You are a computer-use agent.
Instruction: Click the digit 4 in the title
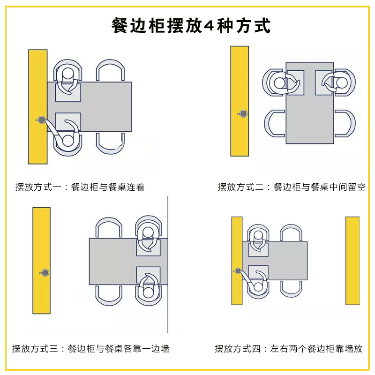click(x=209, y=25)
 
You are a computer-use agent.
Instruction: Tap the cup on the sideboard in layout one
click(x=41, y=120)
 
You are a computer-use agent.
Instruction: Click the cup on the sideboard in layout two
click(x=243, y=113)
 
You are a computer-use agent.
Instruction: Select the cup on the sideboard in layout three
click(x=45, y=273)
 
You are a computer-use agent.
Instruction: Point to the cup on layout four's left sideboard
click(x=238, y=271)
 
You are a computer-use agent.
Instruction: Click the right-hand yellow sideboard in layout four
click(x=352, y=261)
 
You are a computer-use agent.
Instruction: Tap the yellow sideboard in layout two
click(x=240, y=101)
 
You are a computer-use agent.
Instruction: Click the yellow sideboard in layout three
click(x=41, y=261)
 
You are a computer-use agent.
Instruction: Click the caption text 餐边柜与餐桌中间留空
click(x=320, y=187)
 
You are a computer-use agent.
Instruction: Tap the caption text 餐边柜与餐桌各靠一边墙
click(x=119, y=349)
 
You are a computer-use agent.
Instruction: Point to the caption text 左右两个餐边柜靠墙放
click(x=316, y=349)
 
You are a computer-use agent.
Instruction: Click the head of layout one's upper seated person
click(x=68, y=73)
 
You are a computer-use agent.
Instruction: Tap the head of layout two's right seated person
click(x=342, y=83)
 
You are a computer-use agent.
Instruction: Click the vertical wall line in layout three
click(x=168, y=264)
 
